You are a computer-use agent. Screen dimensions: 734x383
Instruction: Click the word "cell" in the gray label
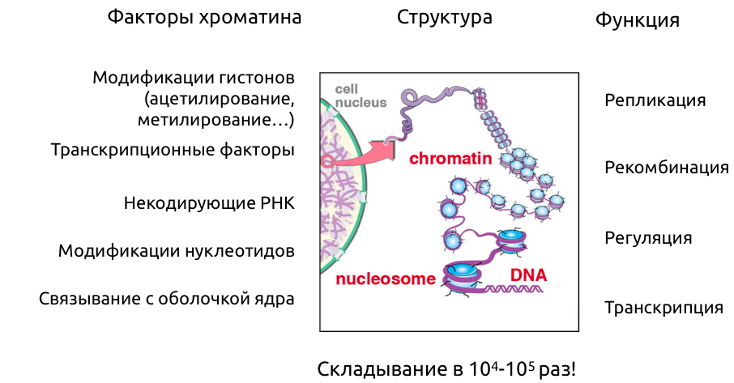(347, 89)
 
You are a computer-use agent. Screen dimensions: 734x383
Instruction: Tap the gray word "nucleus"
(361, 103)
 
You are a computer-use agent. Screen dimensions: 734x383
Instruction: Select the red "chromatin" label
(450, 159)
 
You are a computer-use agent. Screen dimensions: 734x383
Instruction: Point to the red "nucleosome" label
(386, 279)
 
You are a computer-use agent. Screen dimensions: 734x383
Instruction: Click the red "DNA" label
(528, 276)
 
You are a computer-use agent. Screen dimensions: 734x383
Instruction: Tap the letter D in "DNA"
(516, 276)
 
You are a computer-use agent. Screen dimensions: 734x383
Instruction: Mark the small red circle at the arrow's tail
(326, 162)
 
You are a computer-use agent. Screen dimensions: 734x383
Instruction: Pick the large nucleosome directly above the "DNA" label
(511, 240)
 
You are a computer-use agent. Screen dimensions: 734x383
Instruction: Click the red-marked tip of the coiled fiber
(480, 100)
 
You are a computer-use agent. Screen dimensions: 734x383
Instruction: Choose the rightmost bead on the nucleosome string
(557, 200)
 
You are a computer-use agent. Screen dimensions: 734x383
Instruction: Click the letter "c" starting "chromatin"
(413, 160)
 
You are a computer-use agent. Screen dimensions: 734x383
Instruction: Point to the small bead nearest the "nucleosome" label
(452, 240)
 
